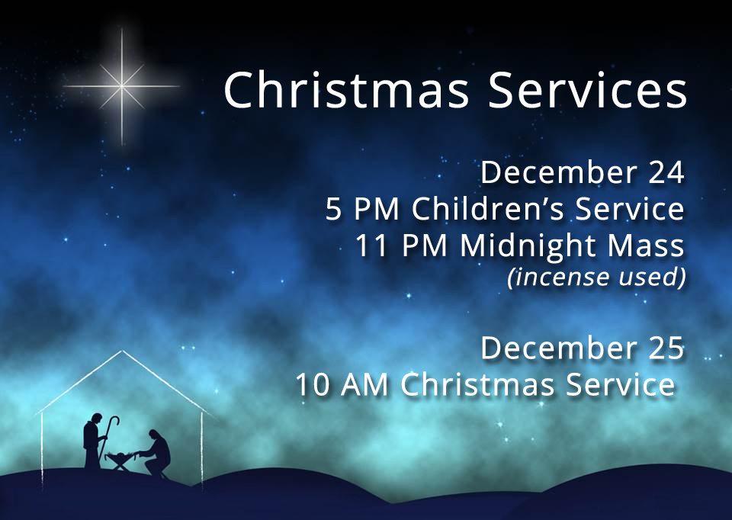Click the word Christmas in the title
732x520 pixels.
tap(346, 89)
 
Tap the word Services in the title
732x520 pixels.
tap(587, 89)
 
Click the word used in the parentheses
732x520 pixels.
tap(652, 277)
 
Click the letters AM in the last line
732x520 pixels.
tap(364, 385)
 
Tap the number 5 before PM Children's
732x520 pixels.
tap(333, 209)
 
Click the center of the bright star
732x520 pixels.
tap(122, 86)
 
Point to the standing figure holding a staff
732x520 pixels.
tap(93, 441)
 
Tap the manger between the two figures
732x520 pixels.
tap(122, 461)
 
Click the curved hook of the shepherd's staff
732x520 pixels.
tap(114, 422)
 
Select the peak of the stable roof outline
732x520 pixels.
tap(122, 351)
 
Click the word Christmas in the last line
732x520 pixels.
tap(478, 385)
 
